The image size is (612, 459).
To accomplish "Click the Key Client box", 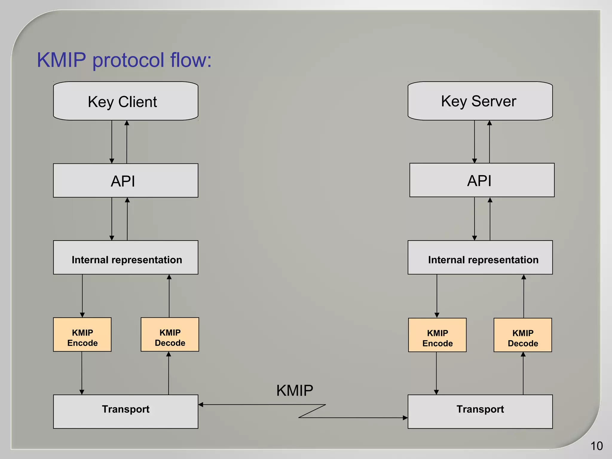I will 126,101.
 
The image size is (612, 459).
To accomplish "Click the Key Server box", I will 480,101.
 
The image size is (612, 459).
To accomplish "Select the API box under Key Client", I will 126,180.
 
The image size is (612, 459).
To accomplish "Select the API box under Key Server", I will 482,180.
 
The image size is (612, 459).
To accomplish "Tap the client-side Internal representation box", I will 126,258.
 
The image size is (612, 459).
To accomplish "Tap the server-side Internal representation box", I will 480,258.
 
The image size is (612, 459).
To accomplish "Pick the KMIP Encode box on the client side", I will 82,335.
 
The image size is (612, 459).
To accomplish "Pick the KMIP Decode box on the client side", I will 170,335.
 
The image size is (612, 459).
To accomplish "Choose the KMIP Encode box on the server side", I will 437,335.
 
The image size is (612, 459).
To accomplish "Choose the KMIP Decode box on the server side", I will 523,335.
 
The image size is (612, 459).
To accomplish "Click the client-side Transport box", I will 126,412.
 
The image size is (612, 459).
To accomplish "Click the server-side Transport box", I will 480,412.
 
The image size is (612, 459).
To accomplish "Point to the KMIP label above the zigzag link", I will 295,391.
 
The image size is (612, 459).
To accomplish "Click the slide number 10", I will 596,446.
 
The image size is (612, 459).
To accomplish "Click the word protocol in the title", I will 128,60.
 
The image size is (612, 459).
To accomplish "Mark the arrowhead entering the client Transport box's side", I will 201,405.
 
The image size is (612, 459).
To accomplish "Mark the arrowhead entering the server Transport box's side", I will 405,418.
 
